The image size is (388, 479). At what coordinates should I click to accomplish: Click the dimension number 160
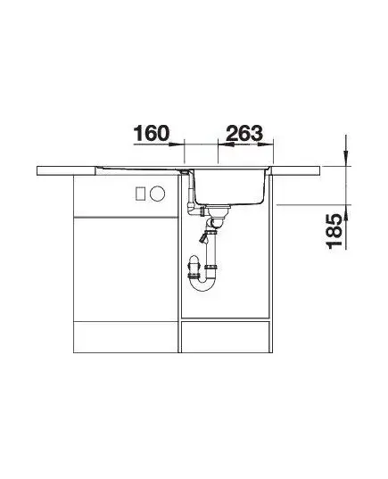point(152,133)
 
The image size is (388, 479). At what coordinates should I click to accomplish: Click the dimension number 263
point(244,133)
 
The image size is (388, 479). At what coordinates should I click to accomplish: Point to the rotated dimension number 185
point(334,231)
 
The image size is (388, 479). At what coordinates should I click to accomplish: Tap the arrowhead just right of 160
point(176,145)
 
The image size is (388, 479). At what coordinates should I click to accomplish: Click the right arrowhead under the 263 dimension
point(265,145)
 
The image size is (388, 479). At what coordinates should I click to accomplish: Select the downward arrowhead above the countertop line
point(346,158)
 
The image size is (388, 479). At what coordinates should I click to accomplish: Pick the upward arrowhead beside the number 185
point(346,212)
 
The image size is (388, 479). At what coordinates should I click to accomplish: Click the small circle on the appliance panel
point(157,194)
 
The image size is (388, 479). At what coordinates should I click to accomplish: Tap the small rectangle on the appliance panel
point(140,194)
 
